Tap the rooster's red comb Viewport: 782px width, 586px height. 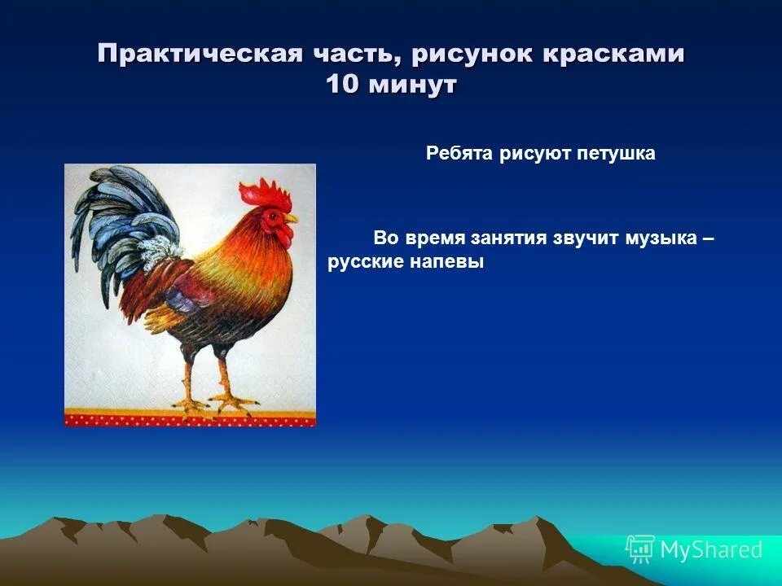click(x=264, y=194)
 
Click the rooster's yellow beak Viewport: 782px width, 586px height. click(x=292, y=219)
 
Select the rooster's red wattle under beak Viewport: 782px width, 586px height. click(x=284, y=235)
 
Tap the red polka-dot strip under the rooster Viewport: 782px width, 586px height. click(x=190, y=419)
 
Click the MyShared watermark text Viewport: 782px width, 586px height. click(x=711, y=550)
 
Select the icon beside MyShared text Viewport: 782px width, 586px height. click(x=640, y=549)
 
